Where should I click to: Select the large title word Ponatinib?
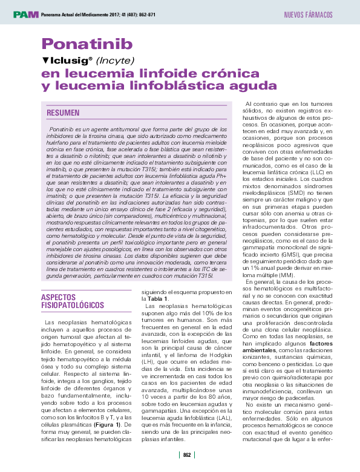(86, 44)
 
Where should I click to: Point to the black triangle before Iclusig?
(45, 61)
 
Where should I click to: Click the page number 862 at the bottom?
(187, 456)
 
